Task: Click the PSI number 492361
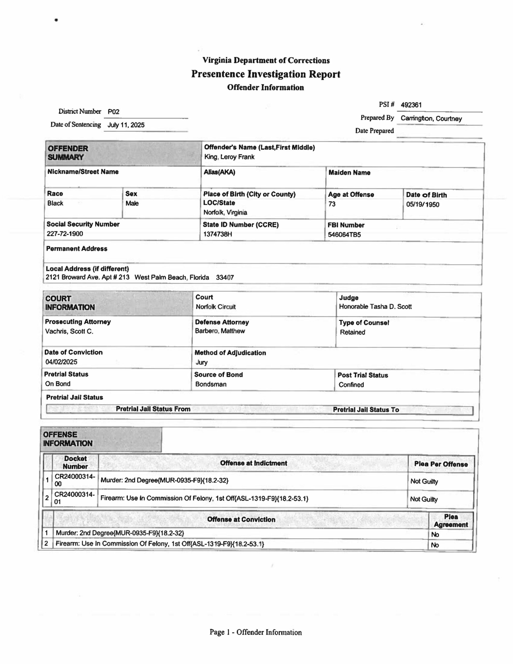411,105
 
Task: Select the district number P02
113,112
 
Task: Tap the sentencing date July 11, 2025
126,125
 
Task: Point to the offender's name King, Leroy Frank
229,157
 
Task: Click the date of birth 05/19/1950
422,205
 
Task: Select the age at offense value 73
332,204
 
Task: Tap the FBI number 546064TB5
344,235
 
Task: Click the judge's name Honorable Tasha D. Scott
375,307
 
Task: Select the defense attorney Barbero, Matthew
220,331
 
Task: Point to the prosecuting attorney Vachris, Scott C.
69,331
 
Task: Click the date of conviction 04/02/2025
61,362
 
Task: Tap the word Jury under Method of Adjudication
202,362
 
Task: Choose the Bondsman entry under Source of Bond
211,384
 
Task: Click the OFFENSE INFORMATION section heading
67,439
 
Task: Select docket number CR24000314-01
74,498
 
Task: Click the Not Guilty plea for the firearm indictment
424,499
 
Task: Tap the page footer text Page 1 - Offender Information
255,633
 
